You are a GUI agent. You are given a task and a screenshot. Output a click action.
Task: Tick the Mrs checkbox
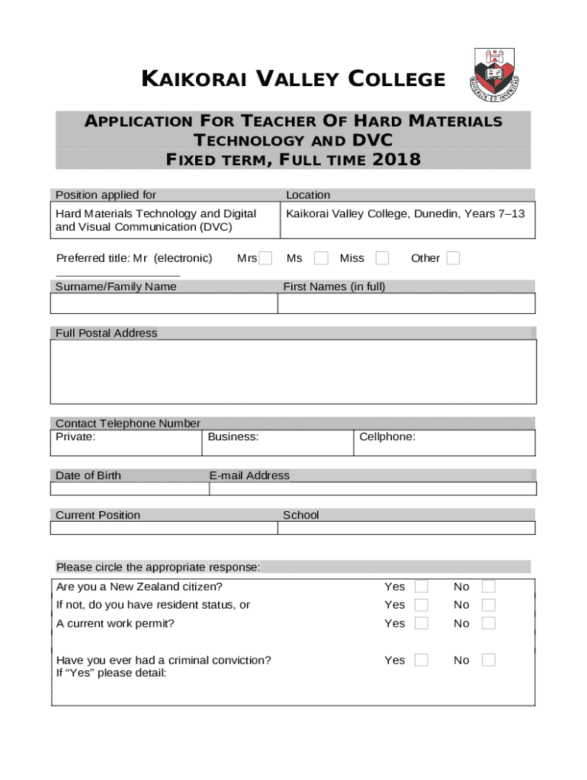pos(265,258)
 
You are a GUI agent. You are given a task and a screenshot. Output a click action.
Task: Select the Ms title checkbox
pos(322,258)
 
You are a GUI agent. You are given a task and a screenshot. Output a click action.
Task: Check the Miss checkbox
pos(382,258)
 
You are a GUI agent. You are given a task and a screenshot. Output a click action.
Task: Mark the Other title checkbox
pos(453,258)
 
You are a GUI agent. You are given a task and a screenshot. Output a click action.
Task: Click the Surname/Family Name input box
pos(164,304)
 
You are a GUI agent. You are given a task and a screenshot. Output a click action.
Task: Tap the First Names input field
pos(406,304)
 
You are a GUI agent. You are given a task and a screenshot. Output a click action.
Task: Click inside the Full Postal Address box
pos(293,372)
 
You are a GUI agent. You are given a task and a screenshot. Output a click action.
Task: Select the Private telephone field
pos(127,446)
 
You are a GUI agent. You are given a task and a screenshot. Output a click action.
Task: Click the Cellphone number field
pos(444,446)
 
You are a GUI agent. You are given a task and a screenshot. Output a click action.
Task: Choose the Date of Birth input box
pos(130,489)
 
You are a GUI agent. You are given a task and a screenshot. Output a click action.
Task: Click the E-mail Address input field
pos(372,489)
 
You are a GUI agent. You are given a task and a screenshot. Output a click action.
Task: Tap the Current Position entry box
pos(164,528)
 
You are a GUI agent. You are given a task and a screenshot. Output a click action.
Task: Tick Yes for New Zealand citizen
pos(422,587)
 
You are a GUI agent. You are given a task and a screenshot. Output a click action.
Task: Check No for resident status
pos(489,605)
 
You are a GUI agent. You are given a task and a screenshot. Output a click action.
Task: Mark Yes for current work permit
pos(422,623)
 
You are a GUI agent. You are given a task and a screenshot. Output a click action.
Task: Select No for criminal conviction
pos(489,660)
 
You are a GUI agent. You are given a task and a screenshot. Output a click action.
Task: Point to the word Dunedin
pos(435,214)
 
